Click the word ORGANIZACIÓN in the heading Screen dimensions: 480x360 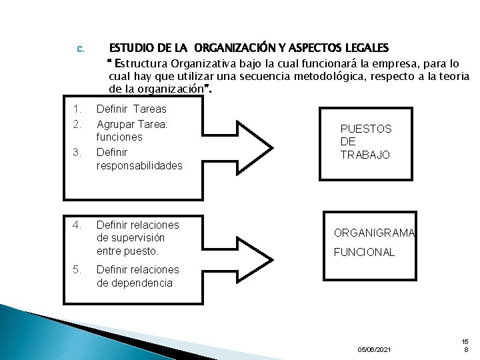click(233, 49)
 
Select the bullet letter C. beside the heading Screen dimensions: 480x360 click(79, 49)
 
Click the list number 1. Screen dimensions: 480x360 click(77, 109)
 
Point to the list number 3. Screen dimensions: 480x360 click(77, 153)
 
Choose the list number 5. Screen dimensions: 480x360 click(77, 270)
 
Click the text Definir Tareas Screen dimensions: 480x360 click(131, 109)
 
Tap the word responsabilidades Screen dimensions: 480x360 click(139, 166)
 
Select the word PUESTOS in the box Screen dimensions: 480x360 click(366, 129)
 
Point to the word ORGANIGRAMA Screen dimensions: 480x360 click(375, 233)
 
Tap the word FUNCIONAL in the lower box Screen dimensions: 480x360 click(364, 252)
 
